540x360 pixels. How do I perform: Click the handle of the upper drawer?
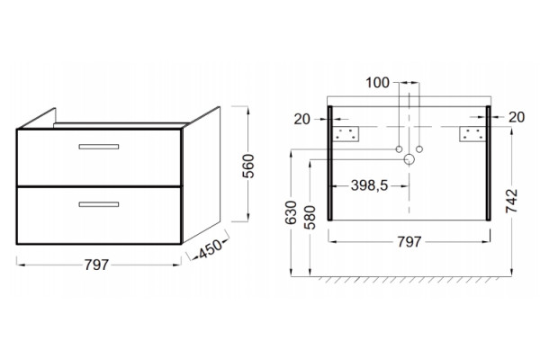(99, 147)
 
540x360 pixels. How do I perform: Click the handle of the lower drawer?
(99, 204)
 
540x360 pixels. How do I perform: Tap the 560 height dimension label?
(248, 166)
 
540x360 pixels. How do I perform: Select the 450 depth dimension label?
(211, 248)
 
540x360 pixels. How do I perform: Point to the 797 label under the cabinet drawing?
(97, 265)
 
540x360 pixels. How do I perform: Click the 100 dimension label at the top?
(377, 83)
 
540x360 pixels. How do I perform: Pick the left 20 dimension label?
(302, 119)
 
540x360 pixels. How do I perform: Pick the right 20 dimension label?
(517, 117)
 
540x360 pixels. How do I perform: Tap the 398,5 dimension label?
(370, 185)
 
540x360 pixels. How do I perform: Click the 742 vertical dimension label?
(512, 201)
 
